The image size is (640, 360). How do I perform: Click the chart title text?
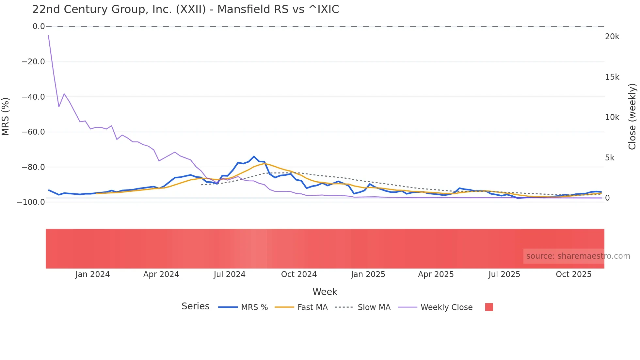pos(185,9)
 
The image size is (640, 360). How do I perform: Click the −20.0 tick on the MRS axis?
pos(33,62)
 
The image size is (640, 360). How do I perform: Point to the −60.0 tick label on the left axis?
pos(33,132)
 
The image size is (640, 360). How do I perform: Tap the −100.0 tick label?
pos(31,202)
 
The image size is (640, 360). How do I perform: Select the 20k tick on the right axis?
pos(612,37)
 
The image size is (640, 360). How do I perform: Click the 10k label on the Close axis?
pos(612,117)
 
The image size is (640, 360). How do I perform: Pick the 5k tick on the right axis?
pos(610,158)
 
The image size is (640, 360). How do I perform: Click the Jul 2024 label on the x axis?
pos(230,274)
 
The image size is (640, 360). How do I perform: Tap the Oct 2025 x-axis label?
pos(574,274)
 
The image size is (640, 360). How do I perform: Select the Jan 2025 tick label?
pos(368,274)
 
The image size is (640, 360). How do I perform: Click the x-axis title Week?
pos(325,292)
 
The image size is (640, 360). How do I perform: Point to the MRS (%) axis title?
pos(6,117)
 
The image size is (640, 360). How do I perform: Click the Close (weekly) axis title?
pos(632,117)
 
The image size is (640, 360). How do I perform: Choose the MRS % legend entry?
pos(243,307)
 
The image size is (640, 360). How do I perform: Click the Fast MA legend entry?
pos(301,307)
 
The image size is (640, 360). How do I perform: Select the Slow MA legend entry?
pos(363,307)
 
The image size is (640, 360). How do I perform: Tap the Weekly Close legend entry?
pos(435,307)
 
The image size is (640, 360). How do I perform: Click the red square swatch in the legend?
pos(489,307)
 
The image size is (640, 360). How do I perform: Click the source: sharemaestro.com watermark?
pos(578,256)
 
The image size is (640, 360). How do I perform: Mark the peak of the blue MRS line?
pos(254,156)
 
